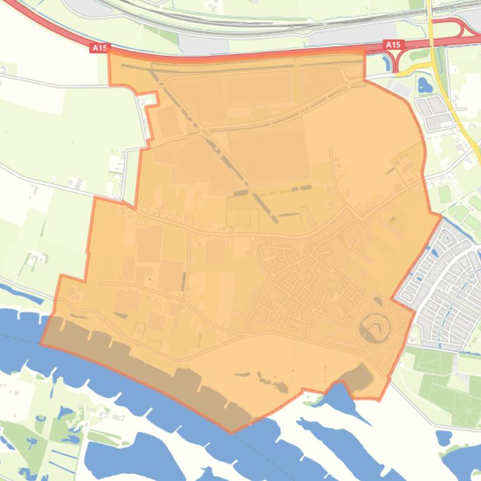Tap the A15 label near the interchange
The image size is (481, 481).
click(392, 45)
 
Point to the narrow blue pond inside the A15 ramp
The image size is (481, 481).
click(397, 60)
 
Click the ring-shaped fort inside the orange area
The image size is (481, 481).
click(375, 326)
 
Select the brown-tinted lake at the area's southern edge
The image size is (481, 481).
click(355, 379)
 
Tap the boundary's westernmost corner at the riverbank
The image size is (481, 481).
click(41, 343)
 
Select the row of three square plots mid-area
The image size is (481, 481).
click(243, 218)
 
